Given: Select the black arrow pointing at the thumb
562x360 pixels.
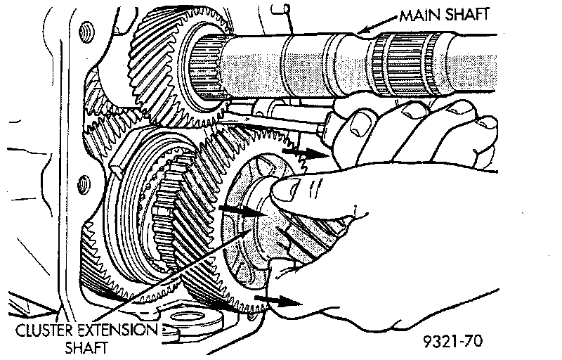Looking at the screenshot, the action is pos(240,209).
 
